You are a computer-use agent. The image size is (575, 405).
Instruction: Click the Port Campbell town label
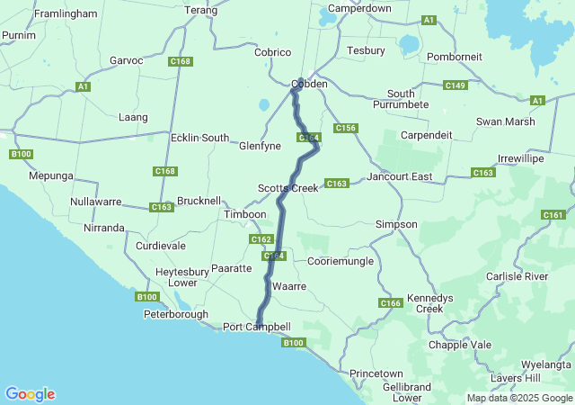tap(257, 327)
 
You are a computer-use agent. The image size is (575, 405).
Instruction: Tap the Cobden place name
tap(309, 85)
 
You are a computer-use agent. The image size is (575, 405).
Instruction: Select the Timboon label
tap(245, 215)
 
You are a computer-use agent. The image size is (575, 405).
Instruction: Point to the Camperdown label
tap(359, 8)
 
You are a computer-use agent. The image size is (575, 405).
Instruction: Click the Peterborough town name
tap(176, 315)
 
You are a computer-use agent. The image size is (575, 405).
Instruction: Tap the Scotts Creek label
tap(288, 188)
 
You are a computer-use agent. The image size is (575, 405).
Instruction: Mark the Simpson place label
tap(396, 223)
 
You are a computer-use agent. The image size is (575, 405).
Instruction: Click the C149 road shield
tap(456, 85)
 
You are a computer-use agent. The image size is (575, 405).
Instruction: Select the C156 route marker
tap(346, 129)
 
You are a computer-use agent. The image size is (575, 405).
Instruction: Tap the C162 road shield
tap(261, 239)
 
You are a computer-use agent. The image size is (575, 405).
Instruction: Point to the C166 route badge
tap(390, 303)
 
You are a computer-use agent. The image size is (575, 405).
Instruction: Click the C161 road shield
tap(553, 215)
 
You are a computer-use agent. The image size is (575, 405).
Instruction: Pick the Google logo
tap(30, 394)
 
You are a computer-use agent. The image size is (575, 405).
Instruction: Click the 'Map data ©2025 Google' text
tap(518, 398)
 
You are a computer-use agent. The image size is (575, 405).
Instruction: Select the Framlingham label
tap(66, 14)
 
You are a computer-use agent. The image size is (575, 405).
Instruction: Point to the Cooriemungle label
tap(341, 260)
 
